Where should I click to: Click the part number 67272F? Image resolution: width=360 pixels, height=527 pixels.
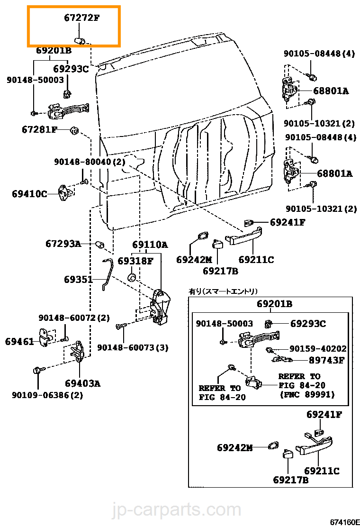[82, 19]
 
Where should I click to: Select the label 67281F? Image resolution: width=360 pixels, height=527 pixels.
[39, 129]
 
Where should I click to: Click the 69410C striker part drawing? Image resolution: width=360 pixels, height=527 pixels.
[65, 192]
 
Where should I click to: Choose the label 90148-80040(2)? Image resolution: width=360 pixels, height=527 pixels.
[89, 162]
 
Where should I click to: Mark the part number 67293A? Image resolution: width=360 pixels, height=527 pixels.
[63, 244]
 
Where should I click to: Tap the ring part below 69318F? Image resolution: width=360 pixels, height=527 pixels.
[133, 276]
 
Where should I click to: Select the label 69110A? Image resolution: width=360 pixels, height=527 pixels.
[150, 245]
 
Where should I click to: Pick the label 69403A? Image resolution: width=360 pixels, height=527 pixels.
[82, 383]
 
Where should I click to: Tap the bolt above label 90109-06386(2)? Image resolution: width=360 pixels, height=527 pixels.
[38, 370]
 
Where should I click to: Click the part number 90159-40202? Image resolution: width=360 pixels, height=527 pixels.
[318, 349]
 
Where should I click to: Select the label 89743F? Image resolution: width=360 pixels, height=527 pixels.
[327, 360]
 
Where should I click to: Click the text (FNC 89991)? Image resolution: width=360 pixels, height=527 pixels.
[307, 394]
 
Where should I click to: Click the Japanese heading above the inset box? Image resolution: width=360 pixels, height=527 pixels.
[223, 291]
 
